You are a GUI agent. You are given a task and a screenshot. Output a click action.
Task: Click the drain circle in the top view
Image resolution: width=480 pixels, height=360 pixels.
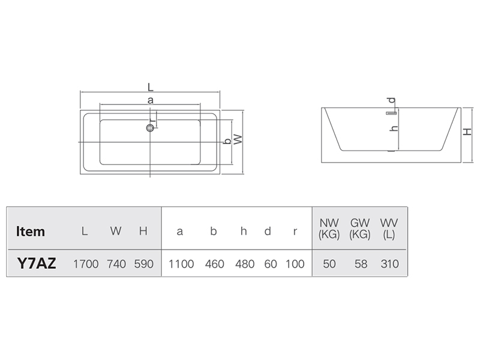click(x=150, y=128)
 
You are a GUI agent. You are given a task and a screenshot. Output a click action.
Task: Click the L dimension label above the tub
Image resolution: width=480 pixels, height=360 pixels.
click(x=151, y=87)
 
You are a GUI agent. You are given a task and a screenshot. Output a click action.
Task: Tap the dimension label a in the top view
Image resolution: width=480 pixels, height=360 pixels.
click(x=151, y=100)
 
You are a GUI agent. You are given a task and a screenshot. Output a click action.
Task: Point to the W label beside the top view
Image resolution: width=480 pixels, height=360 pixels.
click(x=238, y=140)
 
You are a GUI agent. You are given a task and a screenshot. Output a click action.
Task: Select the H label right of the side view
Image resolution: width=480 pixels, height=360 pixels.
click(x=467, y=131)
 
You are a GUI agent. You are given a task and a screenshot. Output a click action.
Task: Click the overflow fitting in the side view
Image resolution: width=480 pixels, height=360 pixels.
click(x=391, y=113)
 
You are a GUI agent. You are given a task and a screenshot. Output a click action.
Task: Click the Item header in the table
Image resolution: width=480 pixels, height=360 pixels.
click(x=31, y=232)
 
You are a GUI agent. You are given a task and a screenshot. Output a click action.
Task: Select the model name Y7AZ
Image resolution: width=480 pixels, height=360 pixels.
click(x=37, y=263)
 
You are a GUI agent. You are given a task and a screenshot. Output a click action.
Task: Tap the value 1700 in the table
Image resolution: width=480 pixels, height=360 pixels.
click(x=86, y=264)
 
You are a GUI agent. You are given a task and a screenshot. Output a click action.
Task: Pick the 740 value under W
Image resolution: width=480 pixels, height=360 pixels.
click(x=116, y=264)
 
